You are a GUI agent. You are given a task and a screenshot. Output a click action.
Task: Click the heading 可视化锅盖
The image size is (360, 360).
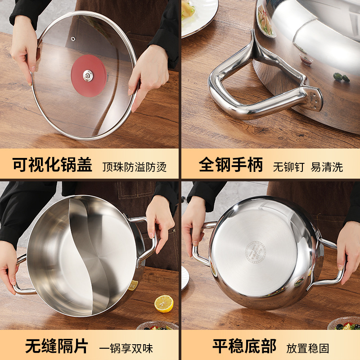[x=52, y=165]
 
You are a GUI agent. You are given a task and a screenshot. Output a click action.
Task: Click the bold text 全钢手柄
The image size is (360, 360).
[x=231, y=165]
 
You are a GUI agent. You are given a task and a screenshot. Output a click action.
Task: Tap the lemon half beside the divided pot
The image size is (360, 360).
[x=164, y=303]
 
